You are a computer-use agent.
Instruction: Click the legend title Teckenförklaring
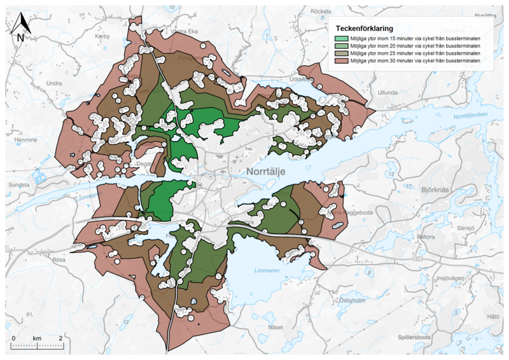pyautogui.click(x=363, y=29)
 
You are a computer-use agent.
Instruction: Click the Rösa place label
pyautogui.click(x=59, y=260)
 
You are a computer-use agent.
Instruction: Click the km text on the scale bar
pyautogui.click(x=38, y=336)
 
